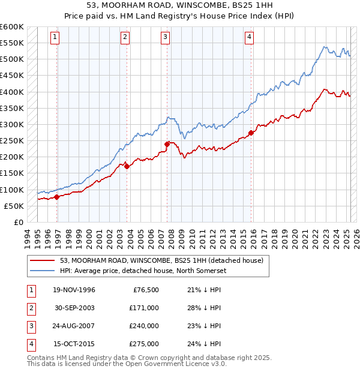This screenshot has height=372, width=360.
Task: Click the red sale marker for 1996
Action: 57,197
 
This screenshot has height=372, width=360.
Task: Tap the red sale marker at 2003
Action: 127,167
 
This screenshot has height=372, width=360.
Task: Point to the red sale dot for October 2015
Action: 251,133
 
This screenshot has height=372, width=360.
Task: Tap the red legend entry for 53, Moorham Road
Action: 161,260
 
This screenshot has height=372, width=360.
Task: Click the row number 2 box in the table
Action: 30,308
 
